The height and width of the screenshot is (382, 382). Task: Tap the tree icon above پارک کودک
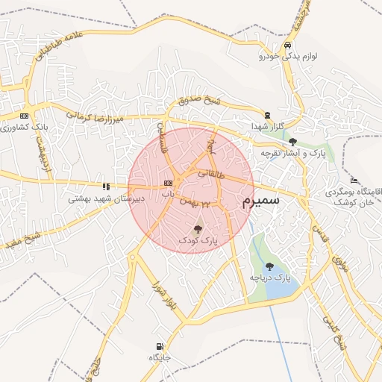197,229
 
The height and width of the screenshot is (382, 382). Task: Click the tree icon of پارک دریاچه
269,266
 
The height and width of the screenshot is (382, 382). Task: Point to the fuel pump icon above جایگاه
160,346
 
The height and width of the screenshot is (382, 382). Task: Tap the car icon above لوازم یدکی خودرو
288,45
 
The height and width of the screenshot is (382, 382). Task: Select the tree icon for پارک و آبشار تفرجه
292,141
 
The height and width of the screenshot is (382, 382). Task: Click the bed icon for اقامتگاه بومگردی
354,181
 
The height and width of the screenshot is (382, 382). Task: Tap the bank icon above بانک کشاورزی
25,116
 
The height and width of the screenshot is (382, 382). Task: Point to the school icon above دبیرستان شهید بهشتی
106,187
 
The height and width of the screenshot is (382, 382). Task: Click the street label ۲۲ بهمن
215,202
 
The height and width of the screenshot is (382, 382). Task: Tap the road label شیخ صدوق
200,101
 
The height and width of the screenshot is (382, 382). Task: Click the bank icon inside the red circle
168,183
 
